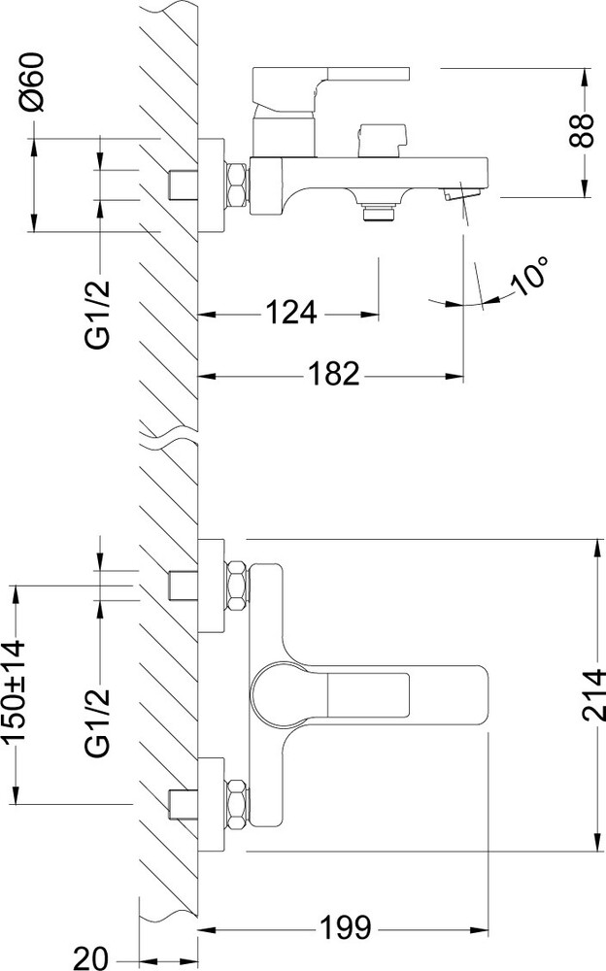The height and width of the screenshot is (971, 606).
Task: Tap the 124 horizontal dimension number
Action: [x=291, y=313]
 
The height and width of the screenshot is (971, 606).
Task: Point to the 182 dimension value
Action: [x=333, y=374]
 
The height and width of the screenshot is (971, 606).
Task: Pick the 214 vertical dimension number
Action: [x=593, y=695]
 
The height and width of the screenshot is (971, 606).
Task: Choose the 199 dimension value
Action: [x=345, y=927]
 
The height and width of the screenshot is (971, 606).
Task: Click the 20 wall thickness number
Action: [x=91, y=958]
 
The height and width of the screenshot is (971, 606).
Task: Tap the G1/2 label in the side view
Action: [x=98, y=315]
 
